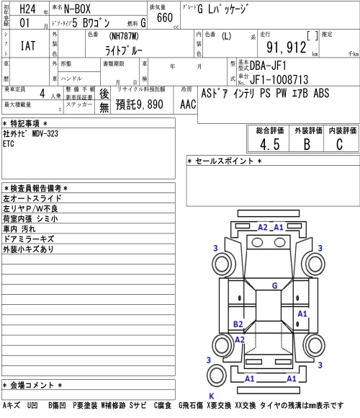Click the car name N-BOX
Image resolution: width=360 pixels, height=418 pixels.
77,9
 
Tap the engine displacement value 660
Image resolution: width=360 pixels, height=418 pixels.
165,17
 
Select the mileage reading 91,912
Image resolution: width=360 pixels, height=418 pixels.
287,48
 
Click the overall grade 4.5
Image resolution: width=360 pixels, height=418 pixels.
270,144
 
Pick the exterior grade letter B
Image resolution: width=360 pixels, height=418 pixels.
307,144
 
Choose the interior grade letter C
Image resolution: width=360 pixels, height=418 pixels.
339,144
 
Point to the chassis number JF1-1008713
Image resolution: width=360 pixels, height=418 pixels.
279,79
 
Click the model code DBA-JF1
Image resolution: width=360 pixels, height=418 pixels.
268,66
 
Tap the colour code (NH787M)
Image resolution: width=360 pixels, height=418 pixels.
124,36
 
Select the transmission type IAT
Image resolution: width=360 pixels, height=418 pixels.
28,45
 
